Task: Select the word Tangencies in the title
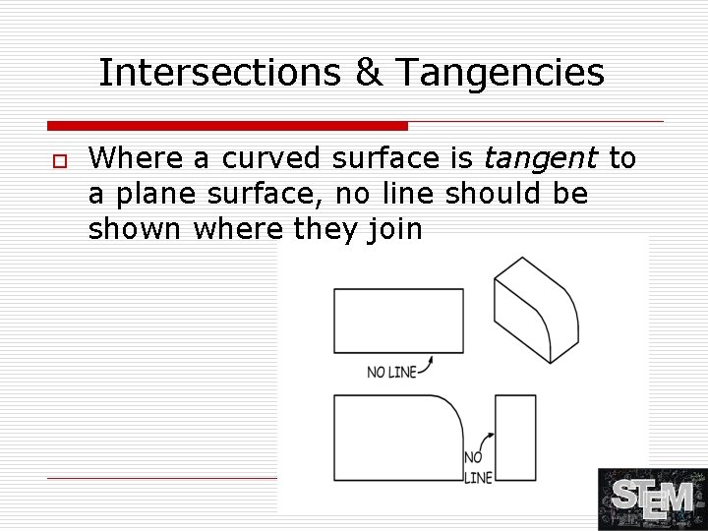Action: [501, 72]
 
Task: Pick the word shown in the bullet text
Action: [136, 230]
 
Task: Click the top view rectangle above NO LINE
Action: [398, 321]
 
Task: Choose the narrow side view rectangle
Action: [515, 437]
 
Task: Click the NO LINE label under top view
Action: [391, 372]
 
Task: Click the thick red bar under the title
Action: [227, 126]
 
